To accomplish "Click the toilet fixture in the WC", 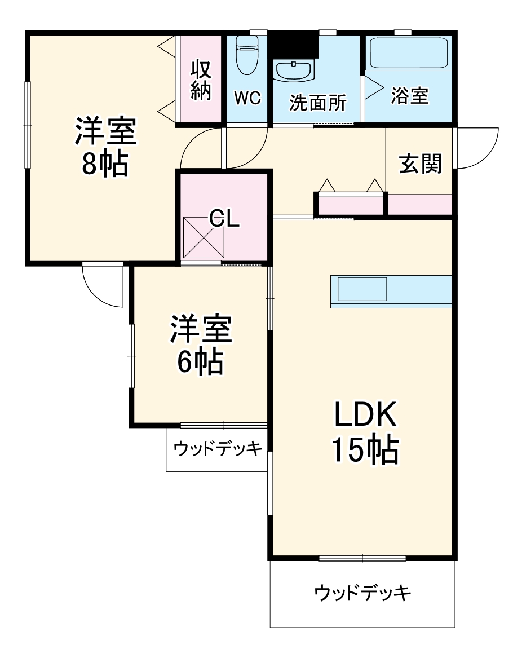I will [246, 55].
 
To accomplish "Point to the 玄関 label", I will [421, 164].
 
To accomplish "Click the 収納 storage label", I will [201, 80].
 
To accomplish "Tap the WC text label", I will [247, 99].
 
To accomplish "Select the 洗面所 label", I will [318, 103].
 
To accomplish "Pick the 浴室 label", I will [410, 96].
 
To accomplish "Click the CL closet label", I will [224, 219].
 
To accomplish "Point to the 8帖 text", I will [105, 164].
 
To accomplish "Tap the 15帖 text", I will [365, 449].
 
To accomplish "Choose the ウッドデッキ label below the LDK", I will [362, 593].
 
